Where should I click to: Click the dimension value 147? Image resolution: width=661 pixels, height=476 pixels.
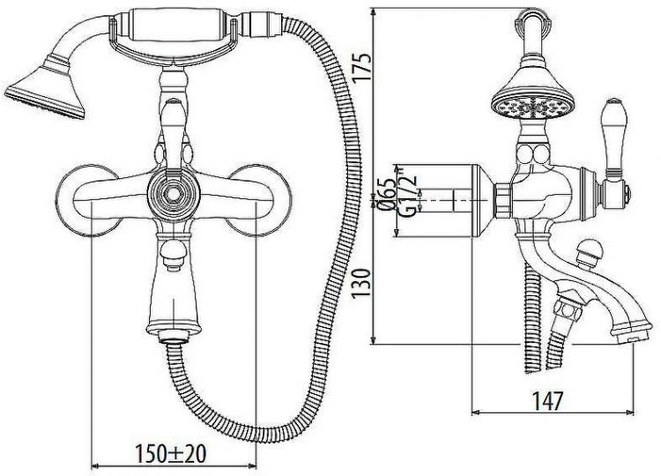click(547, 401)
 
